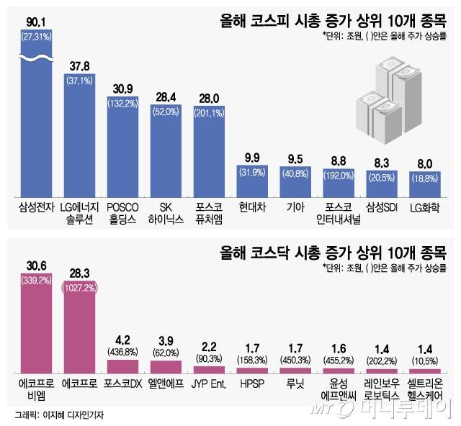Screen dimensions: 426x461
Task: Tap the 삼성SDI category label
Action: (x=382, y=204)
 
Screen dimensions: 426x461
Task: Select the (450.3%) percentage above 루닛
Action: (x=295, y=360)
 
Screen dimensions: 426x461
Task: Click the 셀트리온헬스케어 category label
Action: (x=426, y=388)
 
